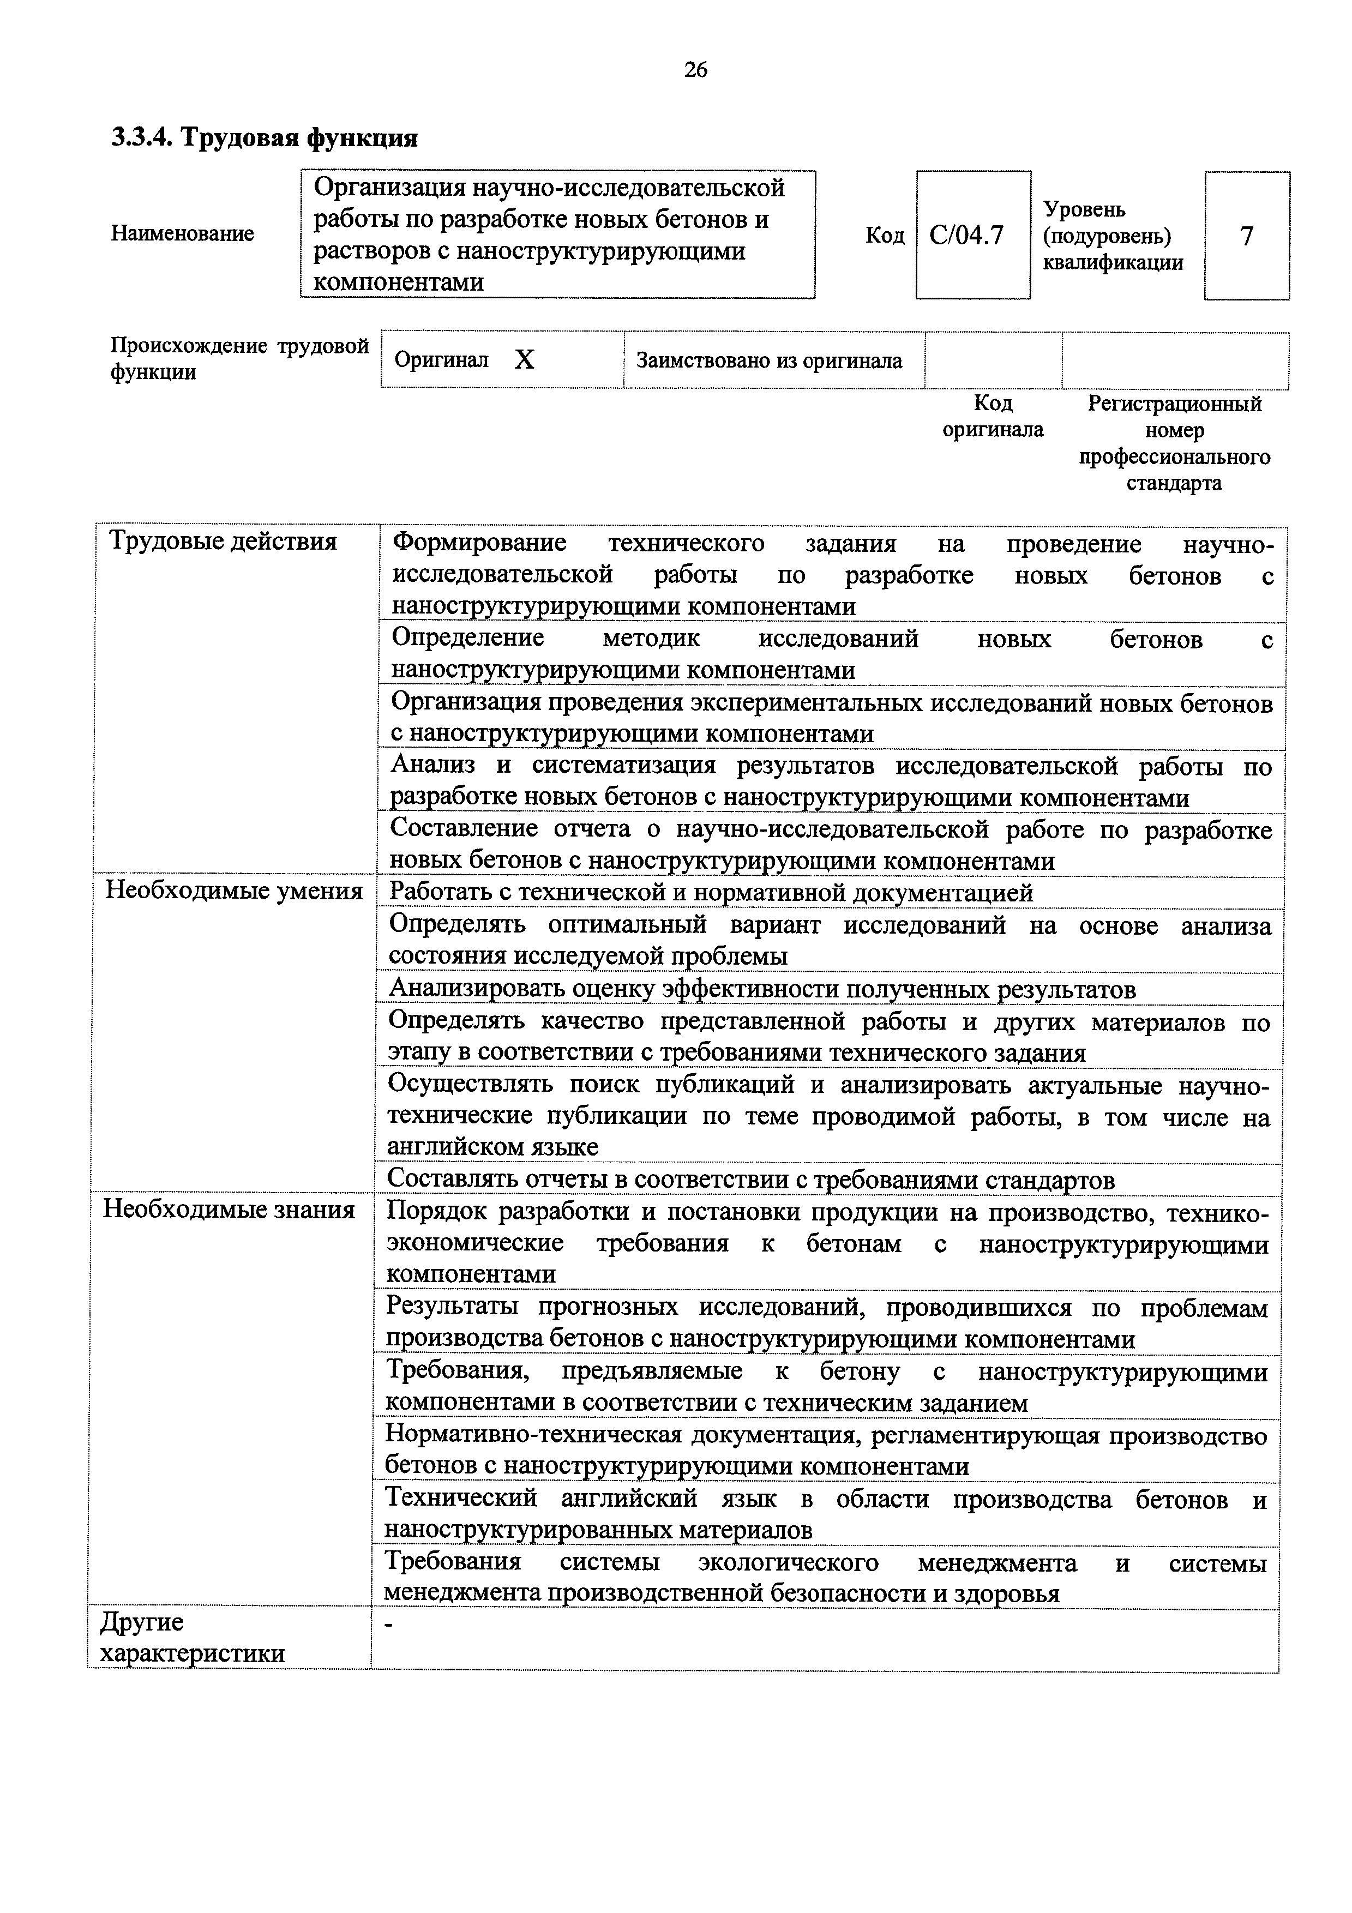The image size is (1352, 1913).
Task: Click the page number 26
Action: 695,70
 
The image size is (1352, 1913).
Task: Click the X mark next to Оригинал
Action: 524,360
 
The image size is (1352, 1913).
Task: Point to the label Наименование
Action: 183,234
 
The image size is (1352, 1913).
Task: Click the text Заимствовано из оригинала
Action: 769,361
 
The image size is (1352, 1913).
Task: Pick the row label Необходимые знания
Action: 229,1209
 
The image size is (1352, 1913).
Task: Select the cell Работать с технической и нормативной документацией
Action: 711,892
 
